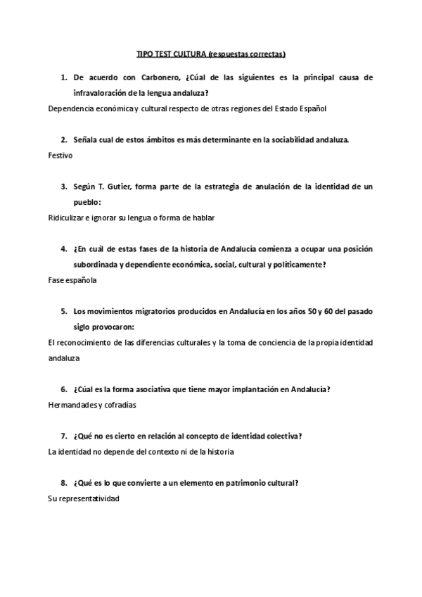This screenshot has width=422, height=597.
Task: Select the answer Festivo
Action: click(x=60, y=155)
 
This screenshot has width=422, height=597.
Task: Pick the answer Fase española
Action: click(x=72, y=279)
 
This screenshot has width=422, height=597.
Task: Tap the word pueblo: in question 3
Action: click(x=87, y=201)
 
